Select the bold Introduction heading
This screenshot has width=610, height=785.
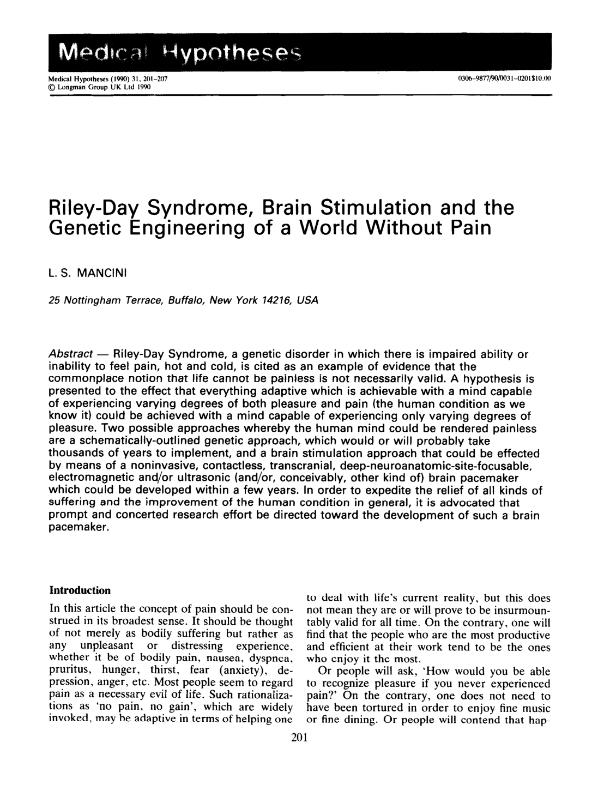click(80, 591)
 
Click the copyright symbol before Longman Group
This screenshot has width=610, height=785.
click(53, 86)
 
